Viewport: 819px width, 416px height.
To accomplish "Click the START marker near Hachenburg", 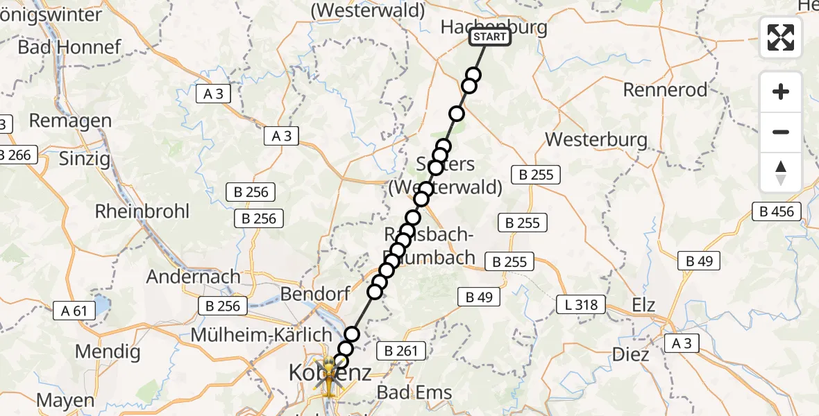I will tap(490, 37).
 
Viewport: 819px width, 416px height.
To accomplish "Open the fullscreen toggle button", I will tap(781, 37).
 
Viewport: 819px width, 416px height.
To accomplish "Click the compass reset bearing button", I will tap(781, 173).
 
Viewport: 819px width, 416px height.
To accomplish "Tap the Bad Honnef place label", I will tap(69, 47).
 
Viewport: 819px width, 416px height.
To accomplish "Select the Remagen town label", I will tap(70, 121).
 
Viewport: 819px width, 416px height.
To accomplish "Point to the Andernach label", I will tap(193, 277).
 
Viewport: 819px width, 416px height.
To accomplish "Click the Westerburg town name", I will tap(596, 139).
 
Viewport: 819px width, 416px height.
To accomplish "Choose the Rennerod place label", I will tap(665, 89).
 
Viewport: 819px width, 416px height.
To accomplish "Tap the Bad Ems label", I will tap(414, 392).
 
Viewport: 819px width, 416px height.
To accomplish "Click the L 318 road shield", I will tap(582, 304).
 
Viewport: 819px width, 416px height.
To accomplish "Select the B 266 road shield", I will tap(15, 155).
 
